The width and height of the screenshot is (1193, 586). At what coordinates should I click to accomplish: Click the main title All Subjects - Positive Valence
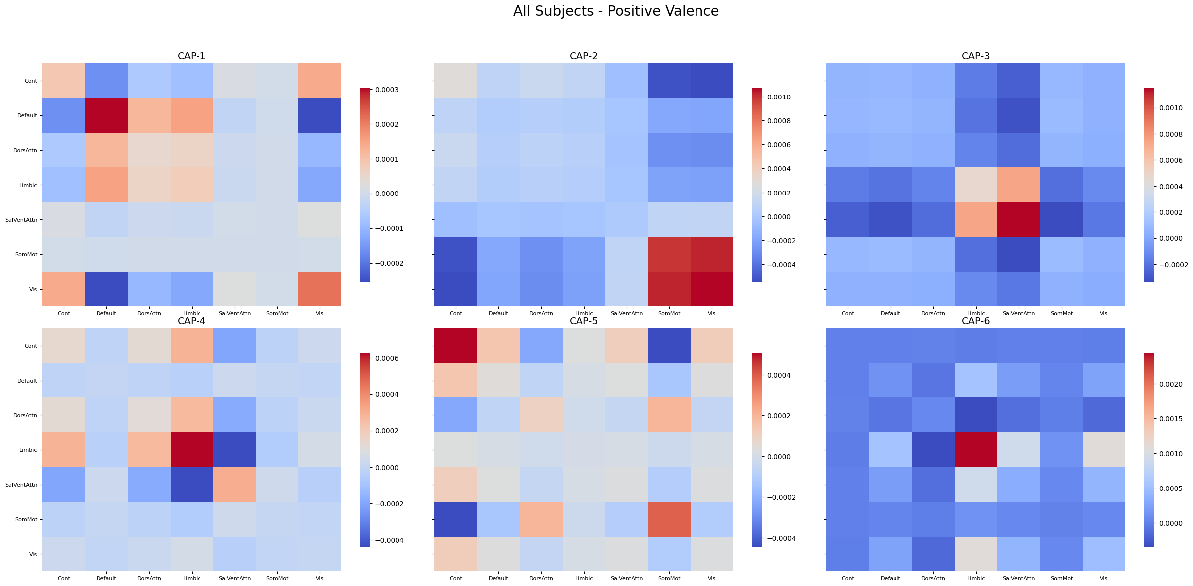(x=616, y=11)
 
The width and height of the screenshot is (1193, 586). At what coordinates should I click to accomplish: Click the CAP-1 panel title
(x=192, y=56)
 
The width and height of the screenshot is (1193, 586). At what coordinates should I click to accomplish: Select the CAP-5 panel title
(x=584, y=321)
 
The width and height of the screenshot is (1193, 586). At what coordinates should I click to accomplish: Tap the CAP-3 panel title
(x=976, y=56)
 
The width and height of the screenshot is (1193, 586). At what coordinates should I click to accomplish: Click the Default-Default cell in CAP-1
(x=106, y=115)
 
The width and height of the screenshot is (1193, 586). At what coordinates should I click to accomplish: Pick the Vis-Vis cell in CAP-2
(x=711, y=289)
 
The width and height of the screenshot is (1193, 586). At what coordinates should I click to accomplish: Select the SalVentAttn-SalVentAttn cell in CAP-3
(x=1018, y=219)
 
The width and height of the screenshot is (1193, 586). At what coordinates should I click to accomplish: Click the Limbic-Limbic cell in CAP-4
(x=192, y=450)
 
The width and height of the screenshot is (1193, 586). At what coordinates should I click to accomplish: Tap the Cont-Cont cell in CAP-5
(x=456, y=346)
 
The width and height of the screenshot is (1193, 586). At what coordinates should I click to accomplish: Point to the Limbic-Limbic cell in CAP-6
(x=976, y=450)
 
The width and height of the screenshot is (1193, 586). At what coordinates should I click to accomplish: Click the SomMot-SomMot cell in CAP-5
(x=669, y=519)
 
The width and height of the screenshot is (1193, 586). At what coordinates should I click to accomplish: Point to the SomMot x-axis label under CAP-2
(x=669, y=314)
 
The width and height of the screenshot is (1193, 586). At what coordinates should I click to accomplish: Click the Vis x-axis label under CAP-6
(x=1103, y=579)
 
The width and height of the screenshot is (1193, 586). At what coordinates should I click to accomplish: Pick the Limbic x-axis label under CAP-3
(x=976, y=314)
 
